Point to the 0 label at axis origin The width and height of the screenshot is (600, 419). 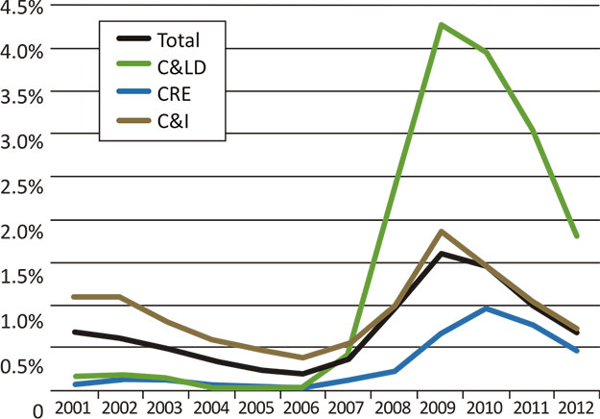coord(37,409)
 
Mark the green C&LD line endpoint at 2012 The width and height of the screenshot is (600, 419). coord(576,235)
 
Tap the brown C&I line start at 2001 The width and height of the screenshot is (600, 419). coord(75,297)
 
